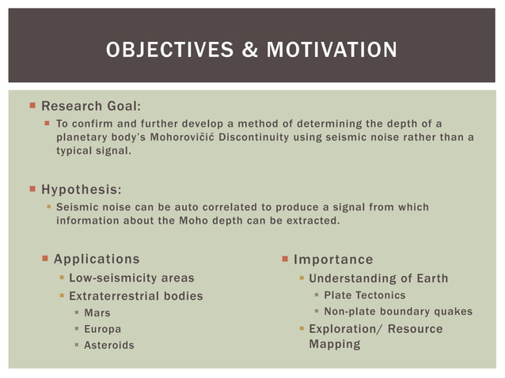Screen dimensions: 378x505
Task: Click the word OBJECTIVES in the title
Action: tap(161, 51)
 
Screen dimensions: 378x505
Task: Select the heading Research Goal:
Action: tap(91, 106)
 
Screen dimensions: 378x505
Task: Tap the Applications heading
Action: tap(97, 259)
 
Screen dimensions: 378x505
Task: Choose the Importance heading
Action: tap(333, 259)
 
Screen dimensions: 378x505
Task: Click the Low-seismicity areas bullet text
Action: tap(131, 278)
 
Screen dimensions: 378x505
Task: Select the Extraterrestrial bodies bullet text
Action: tap(136, 296)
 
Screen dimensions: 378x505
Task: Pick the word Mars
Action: tap(97, 313)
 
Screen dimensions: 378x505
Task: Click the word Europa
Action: tap(103, 329)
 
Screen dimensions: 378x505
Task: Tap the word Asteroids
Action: tap(109, 346)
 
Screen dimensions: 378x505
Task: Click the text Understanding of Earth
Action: tap(378, 278)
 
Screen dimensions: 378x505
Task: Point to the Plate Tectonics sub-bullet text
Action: tap(364, 295)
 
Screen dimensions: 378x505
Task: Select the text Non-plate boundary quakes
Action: tap(398, 312)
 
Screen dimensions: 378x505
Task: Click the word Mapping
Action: tap(334, 344)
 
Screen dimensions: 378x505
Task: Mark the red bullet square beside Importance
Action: tap(285, 259)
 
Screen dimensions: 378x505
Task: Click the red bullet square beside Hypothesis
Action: tap(32, 189)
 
